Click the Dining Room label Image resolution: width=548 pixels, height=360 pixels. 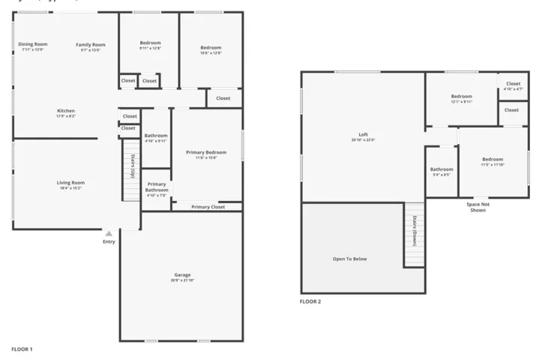[x=32, y=44]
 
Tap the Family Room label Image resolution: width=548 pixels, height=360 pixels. [x=90, y=45]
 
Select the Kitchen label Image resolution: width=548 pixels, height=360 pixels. [x=65, y=111]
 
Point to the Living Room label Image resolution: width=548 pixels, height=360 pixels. [x=70, y=182]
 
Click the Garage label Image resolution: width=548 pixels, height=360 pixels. [x=182, y=275]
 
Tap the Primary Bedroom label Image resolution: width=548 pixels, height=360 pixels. [x=206, y=152]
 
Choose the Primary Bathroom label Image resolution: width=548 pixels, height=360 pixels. [x=157, y=187]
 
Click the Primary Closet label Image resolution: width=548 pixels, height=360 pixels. [x=208, y=207]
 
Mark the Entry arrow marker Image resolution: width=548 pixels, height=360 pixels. [x=109, y=233]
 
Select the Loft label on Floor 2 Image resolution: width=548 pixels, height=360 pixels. [x=363, y=134]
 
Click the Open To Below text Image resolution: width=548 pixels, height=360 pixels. [x=349, y=259]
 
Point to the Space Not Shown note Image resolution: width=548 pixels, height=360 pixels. [x=477, y=207]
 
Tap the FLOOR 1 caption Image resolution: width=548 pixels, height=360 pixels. [x=22, y=349]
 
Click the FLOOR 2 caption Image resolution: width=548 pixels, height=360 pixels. [x=310, y=301]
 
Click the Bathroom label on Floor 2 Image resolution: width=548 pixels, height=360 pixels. [x=442, y=169]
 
